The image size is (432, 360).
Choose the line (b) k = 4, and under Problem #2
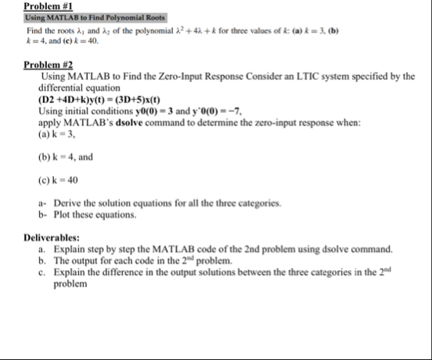point(65,156)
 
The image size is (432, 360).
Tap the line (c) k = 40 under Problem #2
point(59,178)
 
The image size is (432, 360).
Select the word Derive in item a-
point(66,202)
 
